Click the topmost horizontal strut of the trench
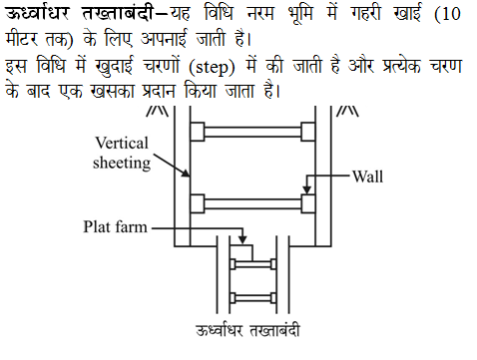tap(253, 131)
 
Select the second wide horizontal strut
tap(253, 203)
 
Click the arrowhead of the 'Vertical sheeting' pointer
tap(189, 177)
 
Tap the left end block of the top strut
tap(199, 131)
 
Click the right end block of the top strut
tap(308, 131)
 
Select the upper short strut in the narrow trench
tap(253, 264)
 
